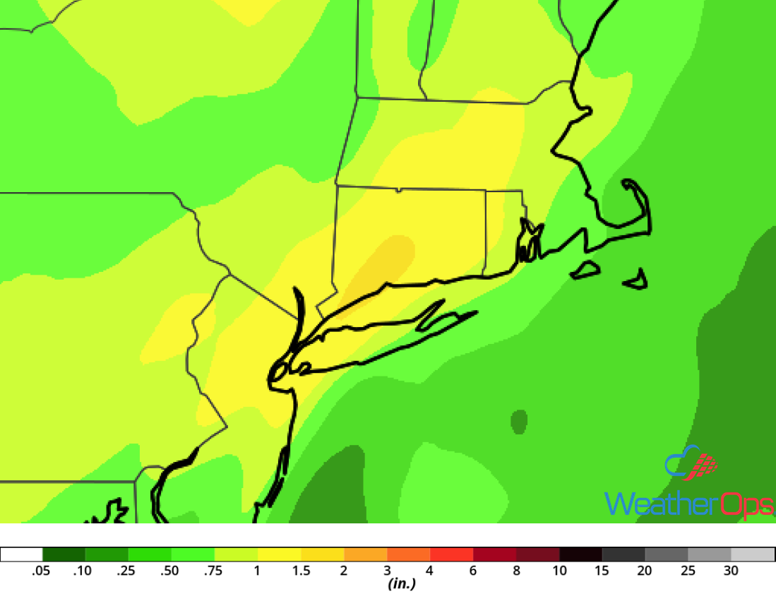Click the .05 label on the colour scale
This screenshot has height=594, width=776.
(x=42, y=571)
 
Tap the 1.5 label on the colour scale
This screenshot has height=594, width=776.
(x=301, y=571)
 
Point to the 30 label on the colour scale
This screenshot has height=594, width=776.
(x=731, y=571)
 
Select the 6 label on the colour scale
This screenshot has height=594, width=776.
(x=473, y=571)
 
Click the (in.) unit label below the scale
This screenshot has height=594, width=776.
(x=400, y=584)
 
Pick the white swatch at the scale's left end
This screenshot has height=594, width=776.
(x=22, y=554)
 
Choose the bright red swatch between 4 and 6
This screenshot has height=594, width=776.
(x=452, y=554)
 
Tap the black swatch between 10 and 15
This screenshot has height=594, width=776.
(x=581, y=554)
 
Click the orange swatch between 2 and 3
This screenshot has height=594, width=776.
(x=366, y=554)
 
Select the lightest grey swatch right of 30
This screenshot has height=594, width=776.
(x=753, y=554)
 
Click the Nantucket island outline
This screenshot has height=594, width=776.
(x=637, y=280)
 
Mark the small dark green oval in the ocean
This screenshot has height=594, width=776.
(x=519, y=422)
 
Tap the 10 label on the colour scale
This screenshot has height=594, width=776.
(x=559, y=571)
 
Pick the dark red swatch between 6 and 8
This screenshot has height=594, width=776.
(x=495, y=554)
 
